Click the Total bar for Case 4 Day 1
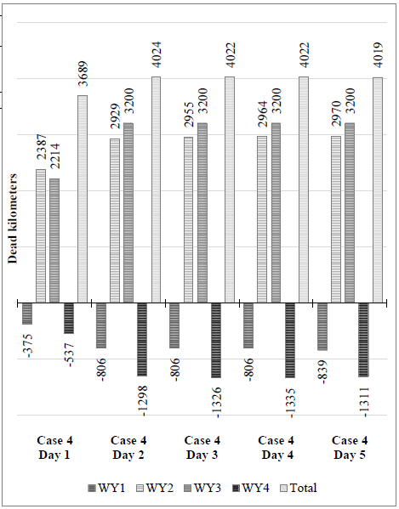coord(83,199)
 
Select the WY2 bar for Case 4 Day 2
coord(114,220)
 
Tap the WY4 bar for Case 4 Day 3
coord(216,340)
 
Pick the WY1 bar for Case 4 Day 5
coord(322,326)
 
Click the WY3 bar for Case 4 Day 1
coord(54,240)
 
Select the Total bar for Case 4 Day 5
coord(378,189)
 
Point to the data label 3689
coord(83,72)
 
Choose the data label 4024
coord(156,54)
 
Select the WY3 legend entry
coord(206,488)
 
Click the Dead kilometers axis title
coord(13,218)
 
